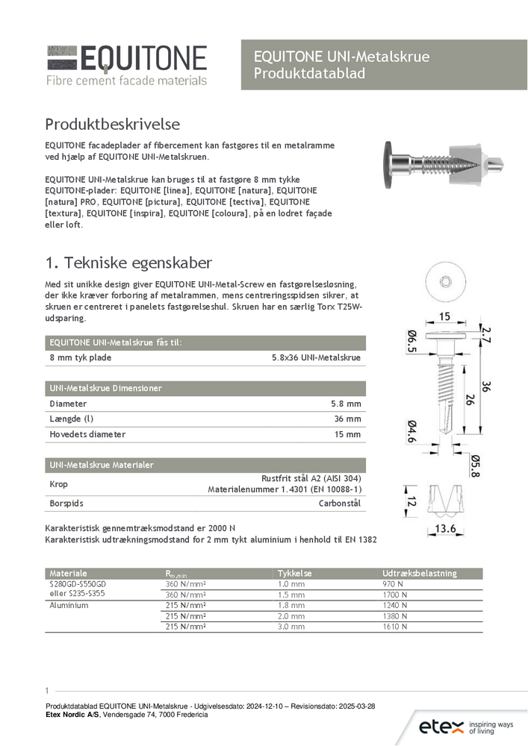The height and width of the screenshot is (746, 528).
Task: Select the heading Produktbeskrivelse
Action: point(112,123)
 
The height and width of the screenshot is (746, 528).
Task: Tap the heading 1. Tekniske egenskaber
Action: point(128,263)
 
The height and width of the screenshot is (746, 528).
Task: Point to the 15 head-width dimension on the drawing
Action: point(444,317)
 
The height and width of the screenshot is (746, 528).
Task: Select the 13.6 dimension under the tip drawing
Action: point(447,530)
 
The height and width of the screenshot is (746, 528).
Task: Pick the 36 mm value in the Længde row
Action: point(348,419)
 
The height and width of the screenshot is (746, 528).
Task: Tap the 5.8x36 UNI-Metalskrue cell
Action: point(316,358)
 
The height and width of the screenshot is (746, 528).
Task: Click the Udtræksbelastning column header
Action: point(419,573)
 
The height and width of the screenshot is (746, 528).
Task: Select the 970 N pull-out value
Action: point(394,584)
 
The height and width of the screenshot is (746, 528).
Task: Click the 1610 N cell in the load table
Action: point(395,627)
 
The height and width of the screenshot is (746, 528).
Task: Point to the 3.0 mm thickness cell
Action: point(291,627)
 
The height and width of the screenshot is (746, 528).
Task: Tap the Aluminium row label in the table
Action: point(69,606)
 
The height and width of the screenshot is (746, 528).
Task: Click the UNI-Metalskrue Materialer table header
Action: point(102,465)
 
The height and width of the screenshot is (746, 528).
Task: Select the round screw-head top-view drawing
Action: point(445,281)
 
